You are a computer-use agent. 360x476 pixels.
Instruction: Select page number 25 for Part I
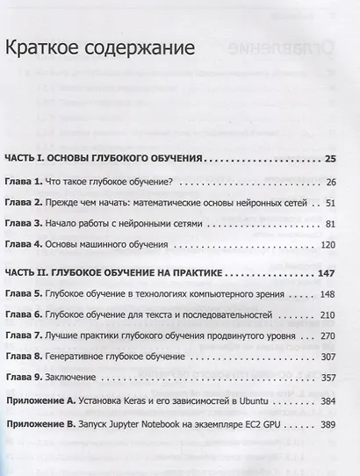coord(329,159)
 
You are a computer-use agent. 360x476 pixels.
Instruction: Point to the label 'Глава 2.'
coord(25,203)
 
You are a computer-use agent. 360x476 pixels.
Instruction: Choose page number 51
coord(330,203)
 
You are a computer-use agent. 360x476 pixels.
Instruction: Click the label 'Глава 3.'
coord(25,224)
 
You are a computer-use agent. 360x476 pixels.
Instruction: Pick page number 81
coord(330,224)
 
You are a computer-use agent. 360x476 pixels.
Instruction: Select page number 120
coord(328,246)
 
